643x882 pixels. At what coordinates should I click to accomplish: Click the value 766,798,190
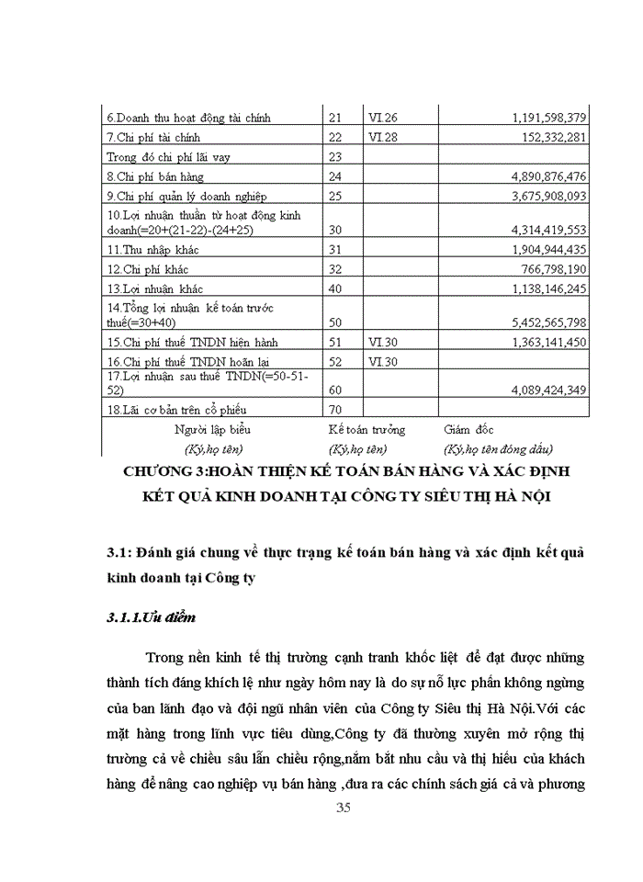pyautogui.click(x=548, y=268)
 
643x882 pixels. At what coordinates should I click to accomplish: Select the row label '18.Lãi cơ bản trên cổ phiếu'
pyautogui.click(x=176, y=409)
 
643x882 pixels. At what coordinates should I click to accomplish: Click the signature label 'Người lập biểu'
pyautogui.click(x=212, y=429)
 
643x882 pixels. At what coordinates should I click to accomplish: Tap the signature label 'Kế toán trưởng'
pyautogui.click(x=367, y=429)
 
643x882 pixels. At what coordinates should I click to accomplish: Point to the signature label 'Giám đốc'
pyautogui.click(x=471, y=429)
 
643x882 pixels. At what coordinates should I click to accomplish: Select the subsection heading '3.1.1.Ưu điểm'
pyautogui.click(x=151, y=617)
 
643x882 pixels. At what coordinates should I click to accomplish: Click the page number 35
pyautogui.click(x=344, y=808)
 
